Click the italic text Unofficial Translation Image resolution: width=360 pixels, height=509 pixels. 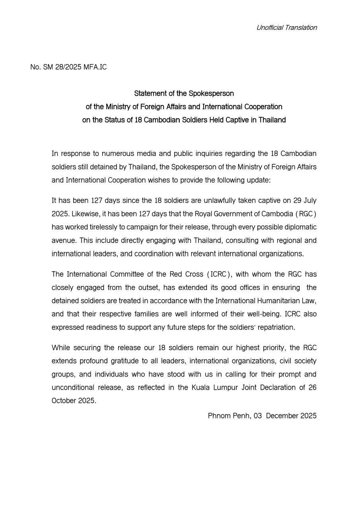coord(286,27)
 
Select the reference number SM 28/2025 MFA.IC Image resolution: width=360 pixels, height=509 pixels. coord(75,67)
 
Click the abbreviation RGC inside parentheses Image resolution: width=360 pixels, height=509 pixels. coord(306,214)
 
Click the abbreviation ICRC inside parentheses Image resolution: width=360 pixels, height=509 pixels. coord(218,274)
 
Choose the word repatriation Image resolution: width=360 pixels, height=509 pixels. coord(275,327)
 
